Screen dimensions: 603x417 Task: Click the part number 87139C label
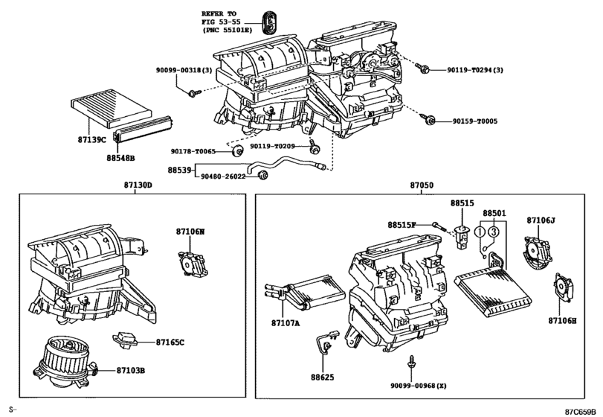coord(91,140)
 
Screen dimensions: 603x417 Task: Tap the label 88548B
coord(120,158)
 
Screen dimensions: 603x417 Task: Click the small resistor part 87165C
coord(124,340)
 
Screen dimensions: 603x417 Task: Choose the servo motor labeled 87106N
coord(193,263)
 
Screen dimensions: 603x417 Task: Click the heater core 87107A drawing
coord(305,291)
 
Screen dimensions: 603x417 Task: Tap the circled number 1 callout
coord(480,232)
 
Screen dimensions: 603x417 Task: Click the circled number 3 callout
coord(494,232)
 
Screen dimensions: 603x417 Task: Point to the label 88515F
coord(402,225)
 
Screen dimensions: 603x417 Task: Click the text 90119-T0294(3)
coord(475,70)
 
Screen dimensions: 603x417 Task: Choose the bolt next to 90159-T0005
coord(428,119)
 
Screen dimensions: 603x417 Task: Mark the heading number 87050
coord(422,185)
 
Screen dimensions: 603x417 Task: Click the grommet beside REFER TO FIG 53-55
coord(270,22)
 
